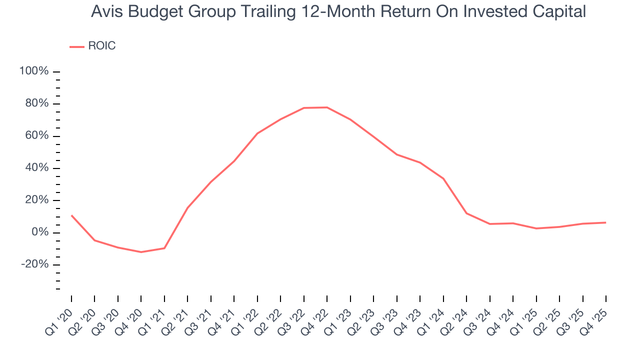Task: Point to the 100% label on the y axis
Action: coord(34,71)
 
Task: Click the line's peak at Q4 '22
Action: coord(327,107)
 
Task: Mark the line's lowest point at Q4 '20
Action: coord(141,252)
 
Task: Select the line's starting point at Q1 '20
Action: coord(71,215)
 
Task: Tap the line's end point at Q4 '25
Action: coord(606,222)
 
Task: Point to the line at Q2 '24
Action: coord(466,213)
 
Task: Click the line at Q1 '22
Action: coord(257,133)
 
